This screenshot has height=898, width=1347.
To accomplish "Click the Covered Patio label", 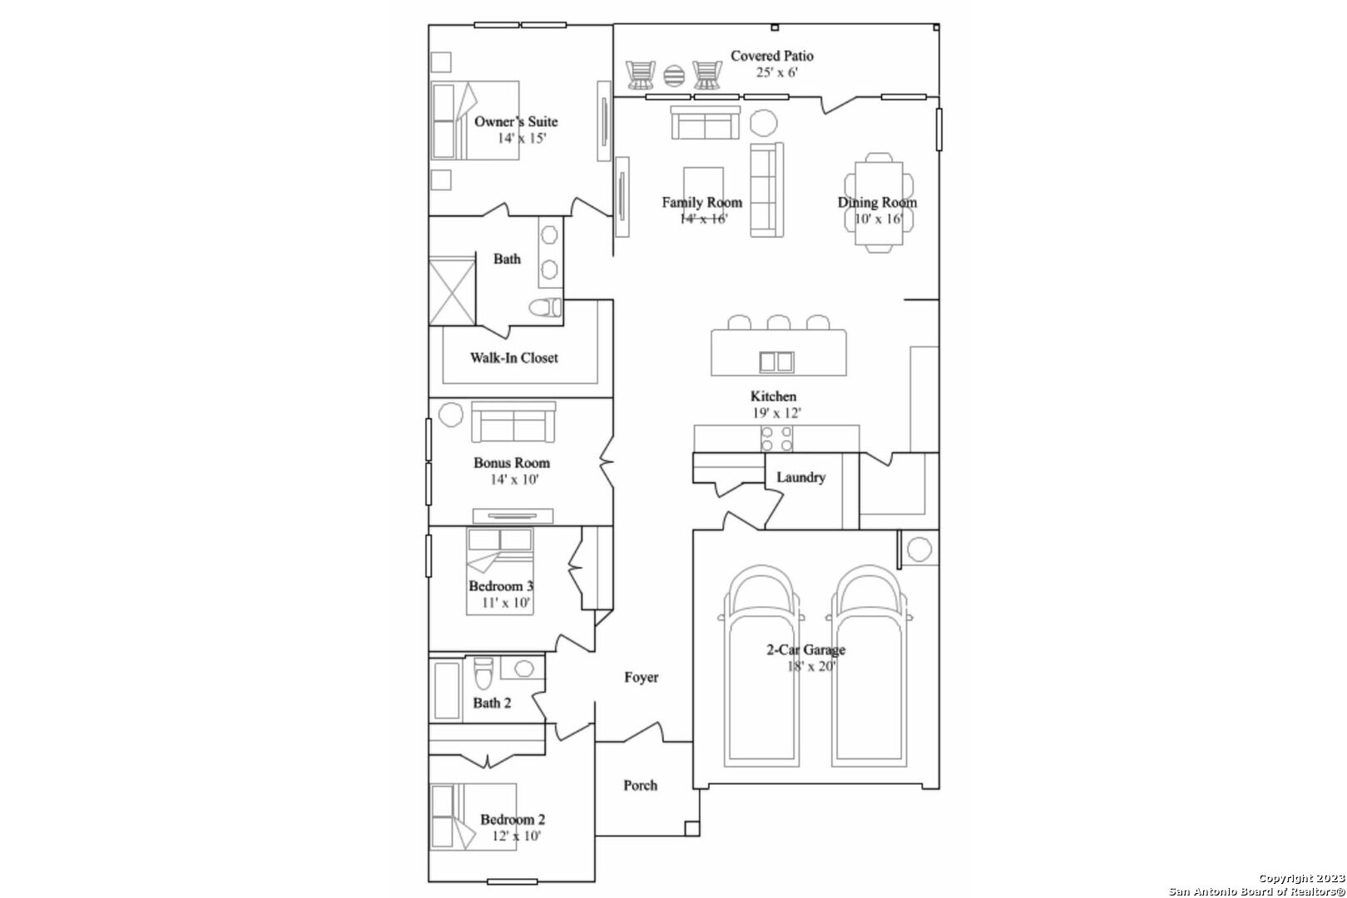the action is pyautogui.click(x=772, y=56).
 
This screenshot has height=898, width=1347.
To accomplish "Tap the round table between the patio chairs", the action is pyautogui.click(x=674, y=76).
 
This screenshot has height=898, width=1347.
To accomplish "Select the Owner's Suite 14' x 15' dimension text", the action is pyautogui.click(x=522, y=139).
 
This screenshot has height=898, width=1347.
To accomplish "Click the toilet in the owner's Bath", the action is pyautogui.click(x=546, y=308).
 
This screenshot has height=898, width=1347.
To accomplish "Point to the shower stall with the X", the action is pyautogui.click(x=453, y=292).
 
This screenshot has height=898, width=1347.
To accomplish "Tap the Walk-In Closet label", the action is pyautogui.click(x=514, y=358).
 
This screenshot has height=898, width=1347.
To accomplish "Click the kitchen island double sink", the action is pyautogui.click(x=776, y=362).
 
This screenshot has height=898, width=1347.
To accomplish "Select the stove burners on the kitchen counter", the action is pyautogui.click(x=776, y=439).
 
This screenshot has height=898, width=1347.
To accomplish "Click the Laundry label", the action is pyautogui.click(x=801, y=477).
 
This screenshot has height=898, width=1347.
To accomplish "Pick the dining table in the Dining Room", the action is pyautogui.click(x=879, y=203).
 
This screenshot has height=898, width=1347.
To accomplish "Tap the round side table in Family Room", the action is pyautogui.click(x=764, y=123).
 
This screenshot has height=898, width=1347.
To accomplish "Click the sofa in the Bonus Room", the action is pyautogui.click(x=513, y=422).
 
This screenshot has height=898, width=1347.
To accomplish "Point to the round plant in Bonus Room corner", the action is pyautogui.click(x=450, y=415).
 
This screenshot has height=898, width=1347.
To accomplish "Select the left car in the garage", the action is pyautogui.click(x=761, y=666).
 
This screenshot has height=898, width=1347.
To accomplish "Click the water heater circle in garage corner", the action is pyautogui.click(x=919, y=550).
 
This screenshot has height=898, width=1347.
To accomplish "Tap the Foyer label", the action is pyautogui.click(x=641, y=678).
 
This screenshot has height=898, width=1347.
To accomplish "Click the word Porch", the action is pyautogui.click(x=641, y=786).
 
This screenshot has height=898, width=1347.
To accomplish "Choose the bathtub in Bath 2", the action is pyautogui.click(x=447, y=691).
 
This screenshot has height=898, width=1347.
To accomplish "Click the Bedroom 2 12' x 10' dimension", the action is pyautogui.click(x=517, y=836).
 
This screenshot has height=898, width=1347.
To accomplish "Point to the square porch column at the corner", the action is pyautogui.click(x=692, y=829).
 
